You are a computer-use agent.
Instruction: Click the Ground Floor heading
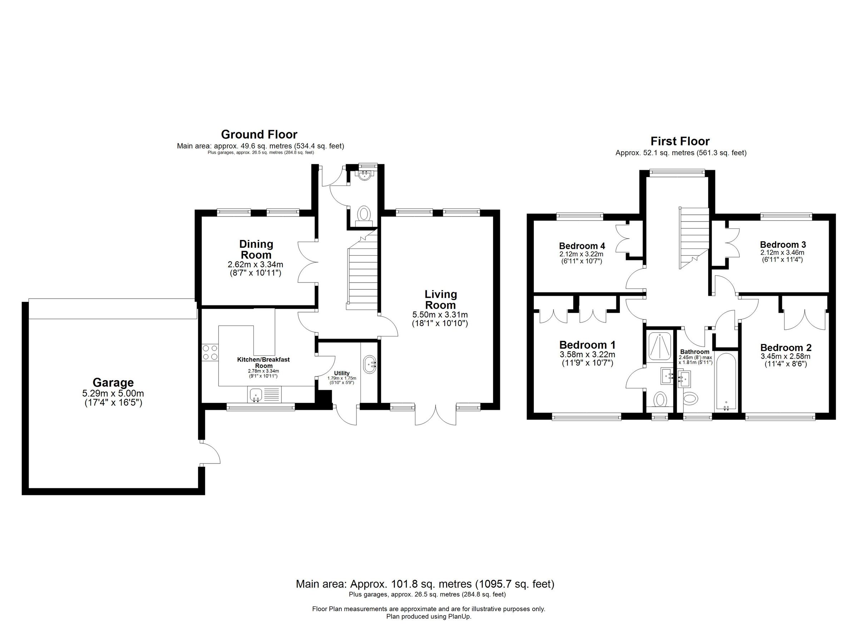[x=259, y=135]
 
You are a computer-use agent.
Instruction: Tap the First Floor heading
[x=680, y=142]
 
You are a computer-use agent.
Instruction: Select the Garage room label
[x=113, y=383]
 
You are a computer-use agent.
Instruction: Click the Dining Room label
[x=256, y=249]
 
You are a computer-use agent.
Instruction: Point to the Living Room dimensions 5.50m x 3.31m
[x=440, y=315]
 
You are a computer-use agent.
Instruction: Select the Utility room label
[x=342, y=373]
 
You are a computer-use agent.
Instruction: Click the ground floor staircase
[x=363, y=272]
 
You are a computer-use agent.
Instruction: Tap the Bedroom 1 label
[x=587, y=345]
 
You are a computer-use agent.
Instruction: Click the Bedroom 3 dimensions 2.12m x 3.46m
[x=782, y=253]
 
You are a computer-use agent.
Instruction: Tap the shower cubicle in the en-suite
[x=660, y=345]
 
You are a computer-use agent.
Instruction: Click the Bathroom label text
[x=695, y=352]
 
